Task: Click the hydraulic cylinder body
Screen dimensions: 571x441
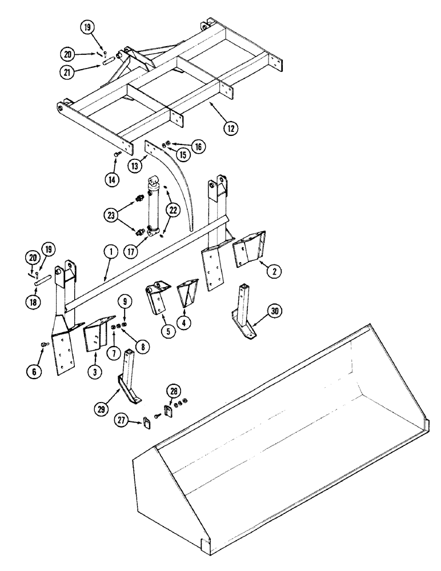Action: click(x=153, y=208)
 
